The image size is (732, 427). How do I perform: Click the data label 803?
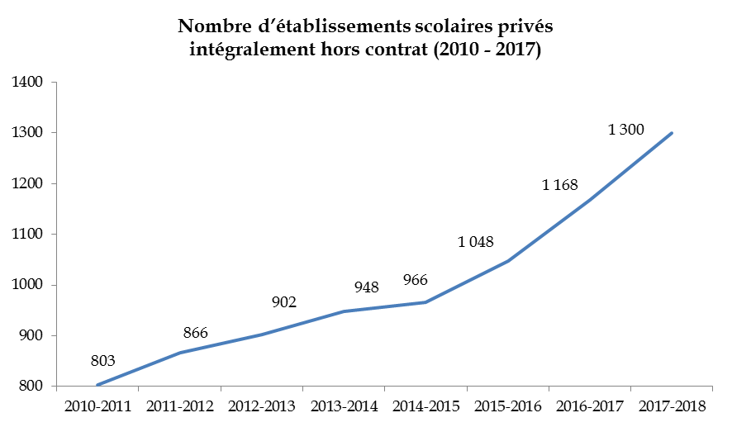pos(102,360)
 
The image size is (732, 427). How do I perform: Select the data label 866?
pos(195,333)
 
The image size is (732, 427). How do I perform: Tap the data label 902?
pos(283,302)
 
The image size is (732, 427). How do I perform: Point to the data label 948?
pos(366,287)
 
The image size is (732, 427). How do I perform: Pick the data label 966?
pos(415,281)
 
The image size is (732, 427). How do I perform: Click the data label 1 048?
pos(475,242)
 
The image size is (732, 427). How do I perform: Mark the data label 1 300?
pos(625,130)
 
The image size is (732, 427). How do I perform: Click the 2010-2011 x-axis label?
pos(97,406)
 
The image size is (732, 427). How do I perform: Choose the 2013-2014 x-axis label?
pos(345,406)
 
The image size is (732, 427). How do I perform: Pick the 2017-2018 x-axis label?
pos(673,406)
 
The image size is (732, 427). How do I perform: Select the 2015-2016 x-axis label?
pos(509,406)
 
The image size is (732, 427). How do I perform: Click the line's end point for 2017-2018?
pos(673,132)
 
